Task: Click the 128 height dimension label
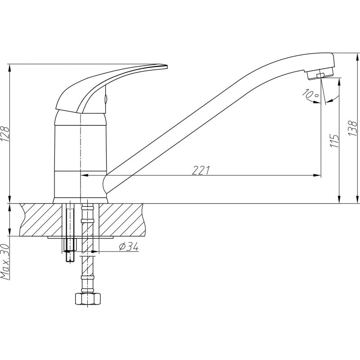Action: click(5, 134)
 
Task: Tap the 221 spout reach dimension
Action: click(201, 170)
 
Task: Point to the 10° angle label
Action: click(310, 94)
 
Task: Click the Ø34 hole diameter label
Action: click(129, 247)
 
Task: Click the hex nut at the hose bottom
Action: click(88, 298)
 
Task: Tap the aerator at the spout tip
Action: click(320, 74)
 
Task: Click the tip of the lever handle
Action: click(167, 67)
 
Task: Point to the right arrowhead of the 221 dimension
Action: click(317, 175)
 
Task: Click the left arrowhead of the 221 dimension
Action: click(85, 175)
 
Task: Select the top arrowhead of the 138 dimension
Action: click(357, 57)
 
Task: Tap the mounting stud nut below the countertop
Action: click(70, 244)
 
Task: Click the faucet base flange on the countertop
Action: click(81, 200)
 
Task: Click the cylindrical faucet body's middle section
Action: click(81, 148)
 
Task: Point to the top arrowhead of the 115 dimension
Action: click(339, 82)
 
